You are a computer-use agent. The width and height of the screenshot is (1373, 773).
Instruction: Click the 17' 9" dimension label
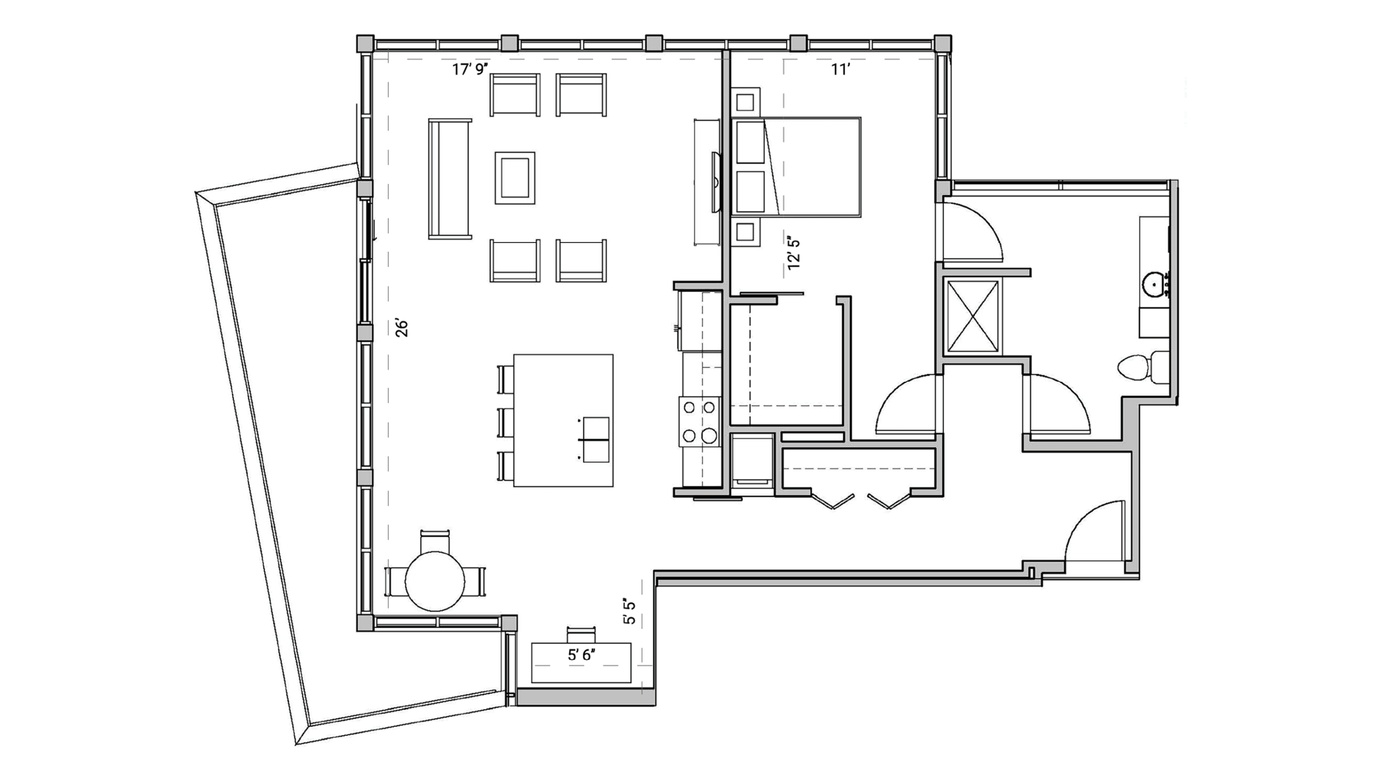470,69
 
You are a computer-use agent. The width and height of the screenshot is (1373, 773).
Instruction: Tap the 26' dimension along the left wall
402,327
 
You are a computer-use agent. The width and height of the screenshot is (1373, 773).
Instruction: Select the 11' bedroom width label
840,69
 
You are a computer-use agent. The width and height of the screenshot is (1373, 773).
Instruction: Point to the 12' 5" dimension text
794,253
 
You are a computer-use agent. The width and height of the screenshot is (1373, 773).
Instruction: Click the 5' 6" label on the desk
581,655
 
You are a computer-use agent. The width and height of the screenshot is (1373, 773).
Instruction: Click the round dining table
435,581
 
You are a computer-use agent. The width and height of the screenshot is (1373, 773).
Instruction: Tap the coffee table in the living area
515,178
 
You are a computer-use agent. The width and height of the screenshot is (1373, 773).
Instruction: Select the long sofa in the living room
450,178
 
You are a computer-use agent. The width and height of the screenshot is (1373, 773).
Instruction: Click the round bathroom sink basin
1155,284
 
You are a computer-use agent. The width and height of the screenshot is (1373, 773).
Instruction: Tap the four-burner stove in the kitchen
699,421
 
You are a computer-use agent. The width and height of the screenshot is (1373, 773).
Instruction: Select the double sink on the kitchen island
595,439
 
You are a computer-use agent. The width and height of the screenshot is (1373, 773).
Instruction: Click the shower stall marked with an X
972,316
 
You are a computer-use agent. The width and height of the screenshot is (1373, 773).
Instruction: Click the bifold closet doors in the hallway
861,500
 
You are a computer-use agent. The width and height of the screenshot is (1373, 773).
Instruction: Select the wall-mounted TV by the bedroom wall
716,183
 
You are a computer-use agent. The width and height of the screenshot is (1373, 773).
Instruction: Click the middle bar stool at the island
505,422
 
